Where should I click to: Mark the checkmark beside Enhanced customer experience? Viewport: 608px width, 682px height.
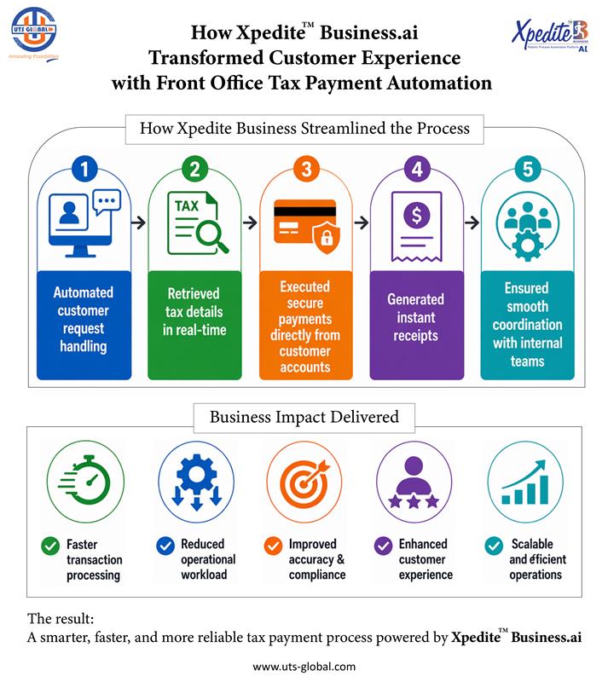[x=383, y=545]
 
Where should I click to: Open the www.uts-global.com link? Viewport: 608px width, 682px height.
[x=304, y=667]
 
